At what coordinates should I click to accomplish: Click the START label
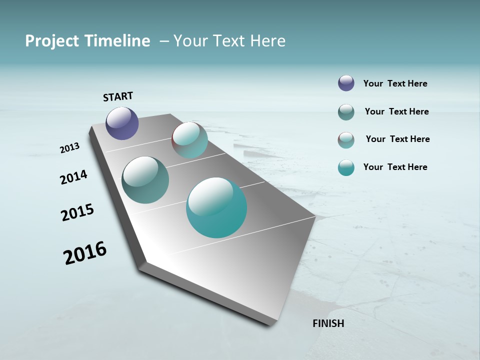[x=118, y=96]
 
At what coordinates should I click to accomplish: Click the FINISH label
[x=328, y=323]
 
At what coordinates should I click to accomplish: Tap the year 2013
[x=70, y=148]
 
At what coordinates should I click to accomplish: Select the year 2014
[x=74, y=177]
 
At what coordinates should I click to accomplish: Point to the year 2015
[x=77, y=212]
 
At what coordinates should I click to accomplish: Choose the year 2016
[x=85, y=253]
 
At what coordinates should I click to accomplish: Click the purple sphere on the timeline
[x=122, y=123]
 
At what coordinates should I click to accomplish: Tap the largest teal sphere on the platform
[x=216, y=207]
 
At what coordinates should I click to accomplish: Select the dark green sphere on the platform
[x=145, y=180]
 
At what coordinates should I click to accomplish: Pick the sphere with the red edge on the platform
[x=189, y=140]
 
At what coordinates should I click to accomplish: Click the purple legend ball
[x=346, y=83]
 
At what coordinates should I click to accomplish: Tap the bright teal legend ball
[x=346, y=167]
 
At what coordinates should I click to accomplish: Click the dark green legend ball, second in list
[x=346, y=112]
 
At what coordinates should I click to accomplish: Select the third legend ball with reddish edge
[x=346, y=140]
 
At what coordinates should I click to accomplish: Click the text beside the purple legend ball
[x=395, y=84]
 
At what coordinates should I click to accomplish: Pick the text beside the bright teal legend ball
[x=395, y=167]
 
